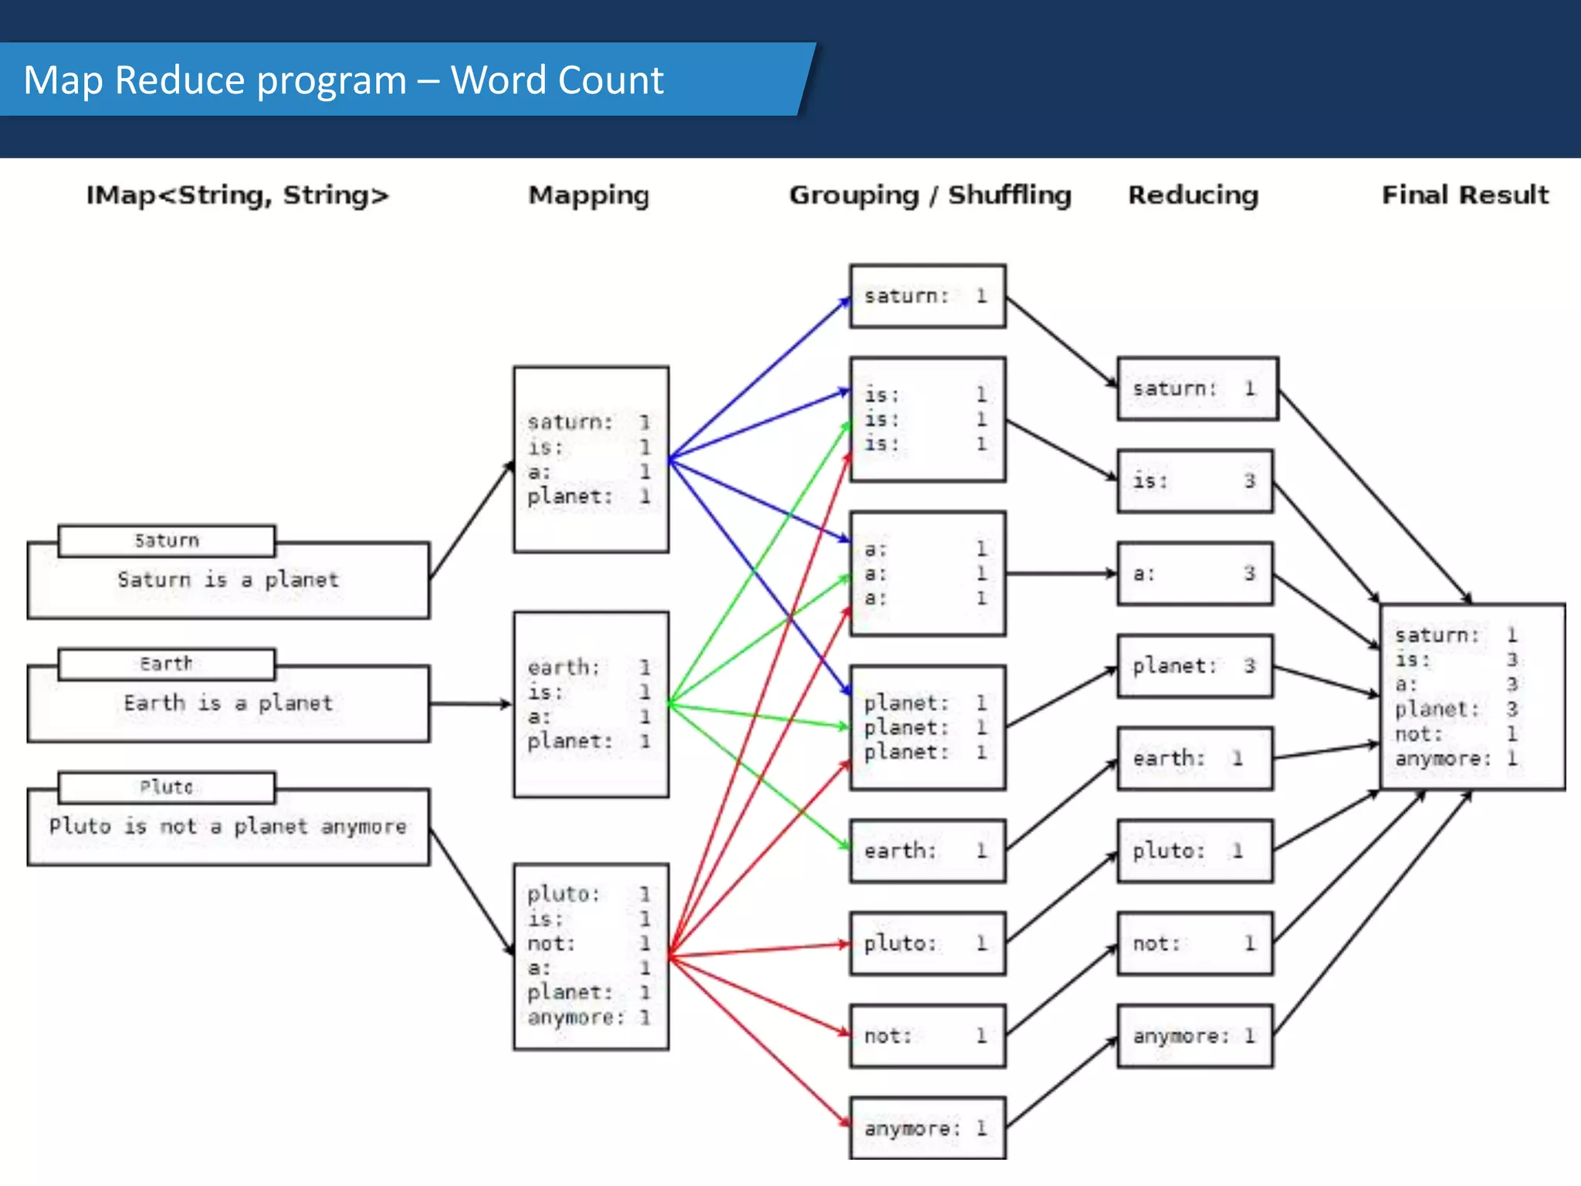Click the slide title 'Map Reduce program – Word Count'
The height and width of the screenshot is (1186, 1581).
point(343,80)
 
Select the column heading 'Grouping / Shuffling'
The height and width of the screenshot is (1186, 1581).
point(929,195)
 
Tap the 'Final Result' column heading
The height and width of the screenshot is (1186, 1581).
point(1464,195)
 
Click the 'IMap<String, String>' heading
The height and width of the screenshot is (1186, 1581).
point(237,195)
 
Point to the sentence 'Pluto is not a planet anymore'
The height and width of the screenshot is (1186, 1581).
point(228,826)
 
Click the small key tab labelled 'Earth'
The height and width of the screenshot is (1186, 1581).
point(166,664)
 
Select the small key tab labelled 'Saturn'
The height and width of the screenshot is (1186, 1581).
point(166,540)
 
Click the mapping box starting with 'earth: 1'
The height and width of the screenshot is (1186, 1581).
point(591,704)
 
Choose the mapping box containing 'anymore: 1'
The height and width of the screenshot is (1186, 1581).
point(591,956)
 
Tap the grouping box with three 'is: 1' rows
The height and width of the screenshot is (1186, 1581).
point(927,419)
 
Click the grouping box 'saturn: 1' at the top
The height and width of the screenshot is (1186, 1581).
point(927,296)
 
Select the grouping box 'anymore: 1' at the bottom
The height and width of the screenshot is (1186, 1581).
point(927,1128)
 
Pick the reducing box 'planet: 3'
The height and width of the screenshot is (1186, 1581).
point(1194,666)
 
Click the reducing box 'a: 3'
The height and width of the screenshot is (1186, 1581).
point(1194,574)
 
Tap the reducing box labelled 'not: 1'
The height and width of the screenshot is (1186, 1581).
point(1194,943)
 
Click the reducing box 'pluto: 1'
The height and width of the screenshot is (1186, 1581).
point(1194,850)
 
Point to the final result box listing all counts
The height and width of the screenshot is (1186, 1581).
point(1471,696)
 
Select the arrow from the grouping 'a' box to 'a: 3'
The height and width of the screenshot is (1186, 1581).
point(1061,574)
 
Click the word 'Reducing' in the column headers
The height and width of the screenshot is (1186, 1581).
point(1193,195)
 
